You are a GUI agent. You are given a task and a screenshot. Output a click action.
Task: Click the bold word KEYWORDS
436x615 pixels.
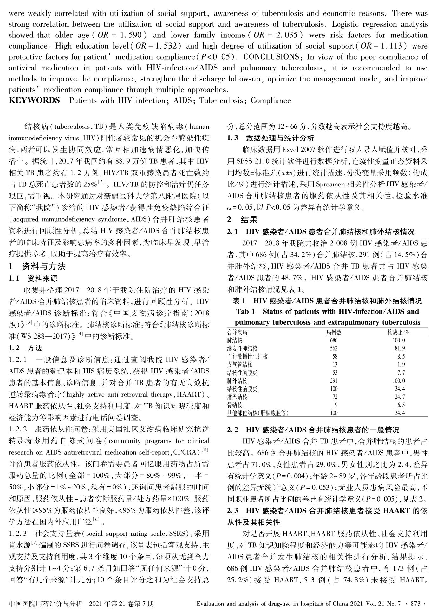click(x=34, y=100)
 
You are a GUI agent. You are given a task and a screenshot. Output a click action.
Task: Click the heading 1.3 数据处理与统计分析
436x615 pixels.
click(x=271, y=138)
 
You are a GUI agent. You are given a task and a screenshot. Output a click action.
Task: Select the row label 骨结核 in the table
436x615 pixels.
click(x=235, y=405)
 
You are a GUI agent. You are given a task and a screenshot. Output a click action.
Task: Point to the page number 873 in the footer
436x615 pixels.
click(x=415, y=604)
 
